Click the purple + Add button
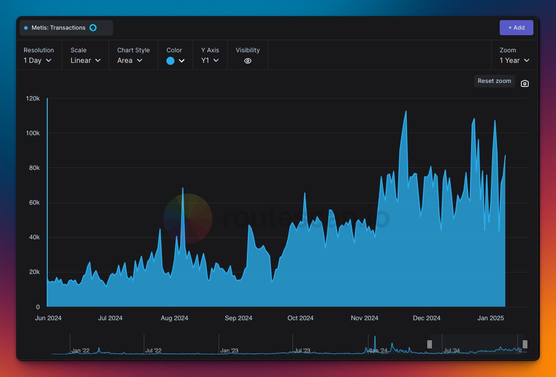(x=516, y=28)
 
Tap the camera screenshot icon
(x=524, y=83)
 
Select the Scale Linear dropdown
(x=85, y=60)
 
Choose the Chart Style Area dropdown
(x=130, y=60)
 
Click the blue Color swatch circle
(x=170, y=61)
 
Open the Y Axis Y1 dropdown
(x=210, y=60)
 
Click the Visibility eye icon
(x=247, y=61)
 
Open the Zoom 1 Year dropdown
(x=514, y=60)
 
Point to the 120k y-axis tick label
(x=33, y=99)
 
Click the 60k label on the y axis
(x=34, y=203)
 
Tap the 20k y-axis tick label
(x=34, y=272)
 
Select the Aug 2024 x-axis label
(x=174, y=318)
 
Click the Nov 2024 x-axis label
(x=364, y=318)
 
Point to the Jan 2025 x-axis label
(x=490, y=318)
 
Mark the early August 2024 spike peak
(x=182, y=188)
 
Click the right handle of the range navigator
(x=525, y=344)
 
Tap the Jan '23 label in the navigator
(x=229, y=350)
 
